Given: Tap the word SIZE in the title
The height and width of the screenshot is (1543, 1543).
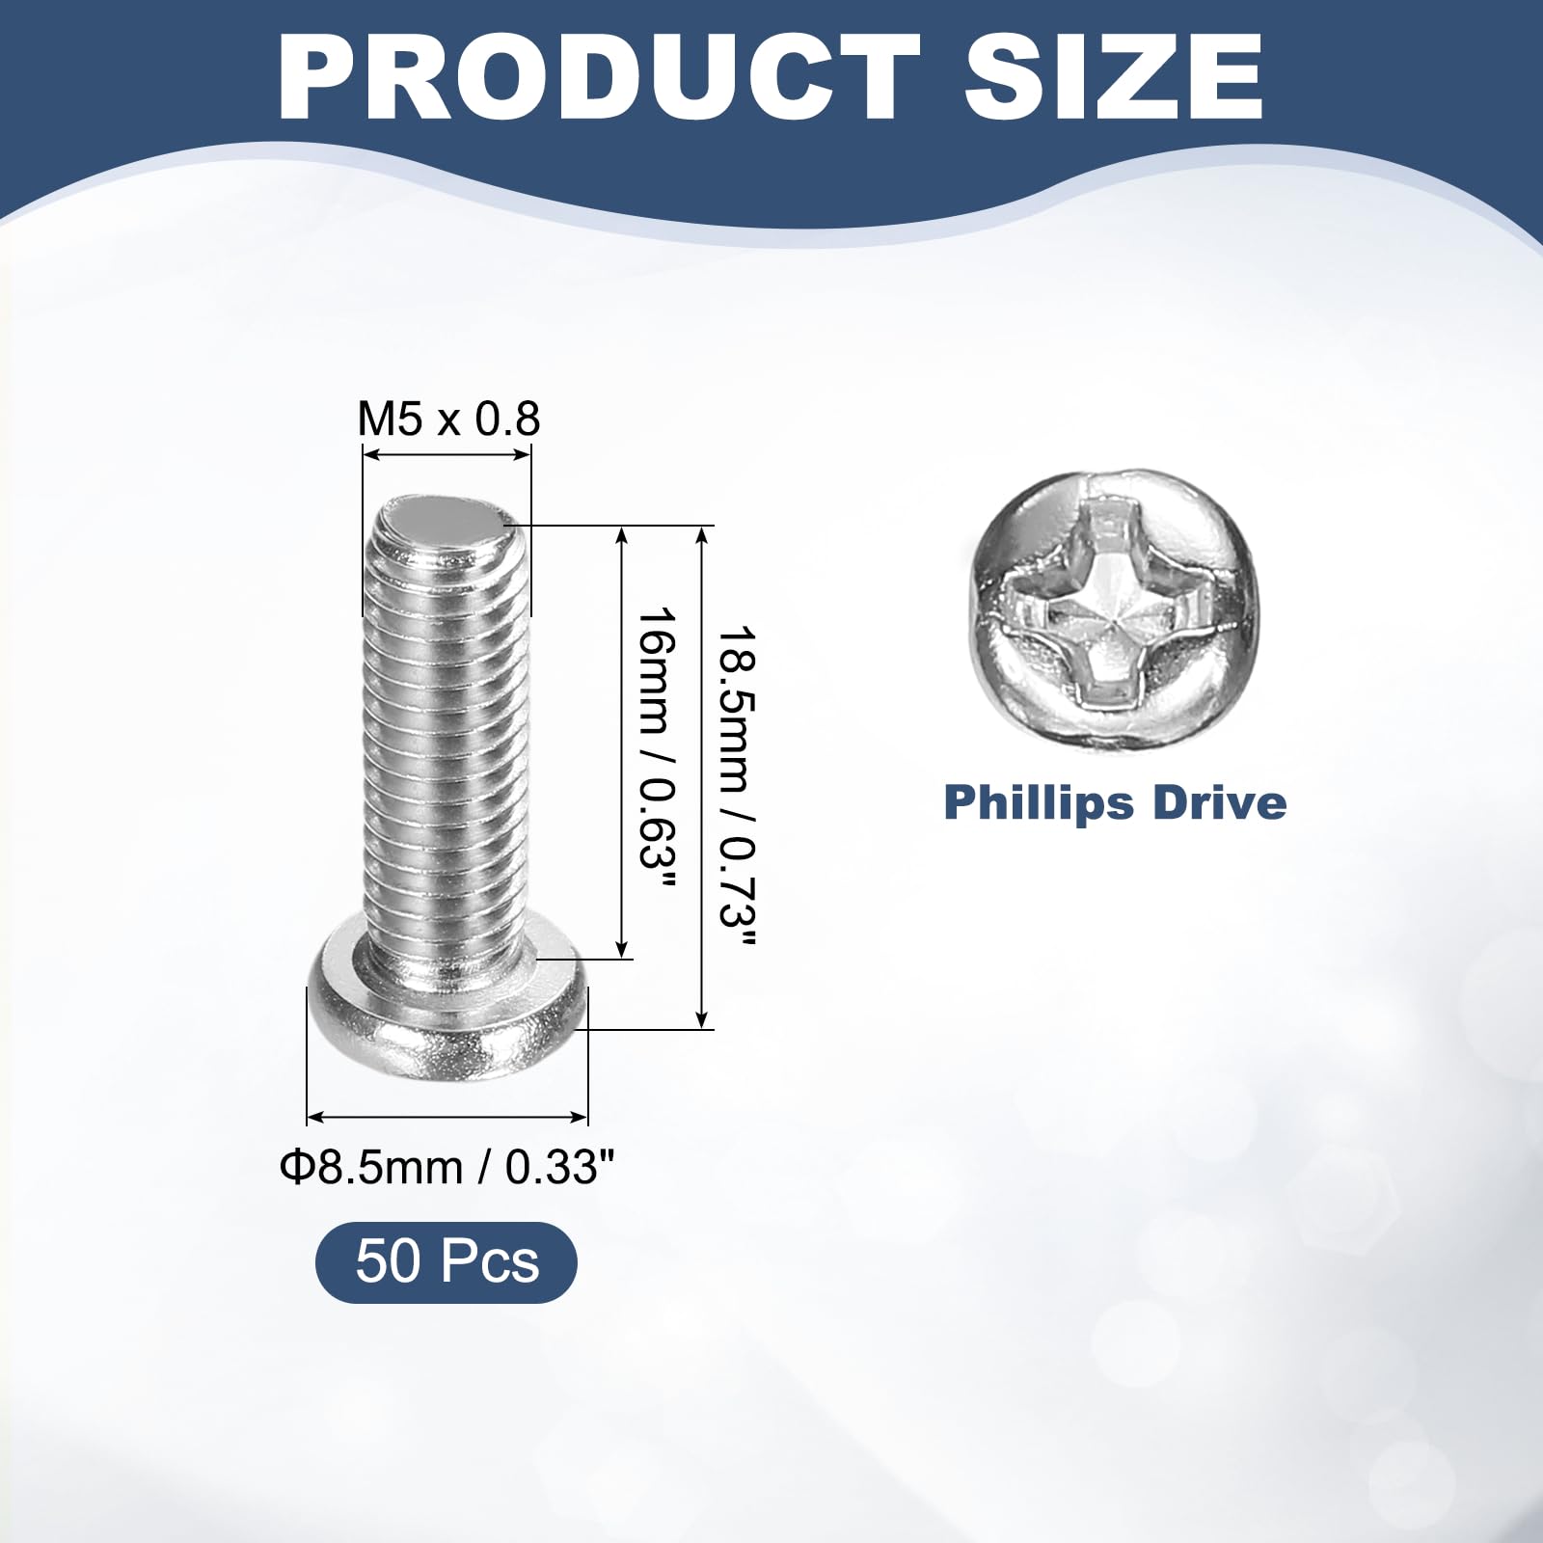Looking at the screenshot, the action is [x=1114, y=76].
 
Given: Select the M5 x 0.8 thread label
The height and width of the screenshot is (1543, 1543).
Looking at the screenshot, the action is [x=448, y=419].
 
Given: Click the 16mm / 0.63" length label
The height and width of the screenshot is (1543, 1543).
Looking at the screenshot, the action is [x=657, y=749].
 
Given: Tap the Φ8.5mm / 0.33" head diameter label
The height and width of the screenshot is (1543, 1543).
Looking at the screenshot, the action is [x=447, y=1168].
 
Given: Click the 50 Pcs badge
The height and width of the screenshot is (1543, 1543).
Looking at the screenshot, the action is [x=447, y=1261].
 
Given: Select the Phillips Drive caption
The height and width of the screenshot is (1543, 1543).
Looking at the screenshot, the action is [x=1115, y=802].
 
